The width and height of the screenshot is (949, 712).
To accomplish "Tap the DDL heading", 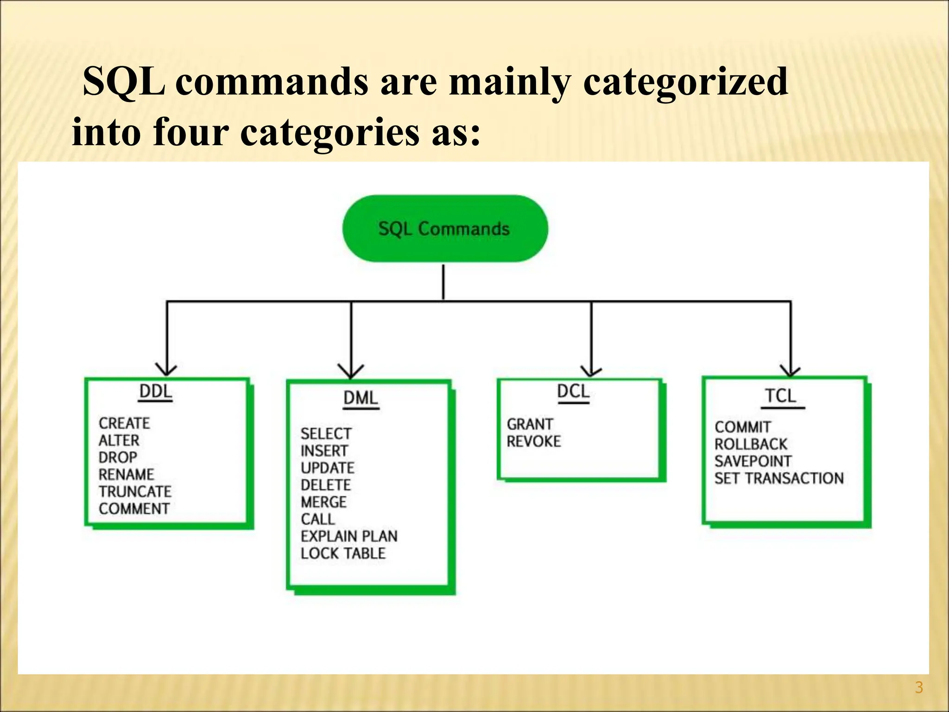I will [x=156, y=392].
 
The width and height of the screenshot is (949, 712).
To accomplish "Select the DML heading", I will [x=361, y=398].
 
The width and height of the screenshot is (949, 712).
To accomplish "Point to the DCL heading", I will [x=573, y=392].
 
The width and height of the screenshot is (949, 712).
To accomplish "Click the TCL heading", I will [x=781, y=396].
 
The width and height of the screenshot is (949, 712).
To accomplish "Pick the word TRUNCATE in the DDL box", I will [x=135, y=491].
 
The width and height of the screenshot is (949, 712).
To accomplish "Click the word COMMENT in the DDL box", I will [x=134, y=509].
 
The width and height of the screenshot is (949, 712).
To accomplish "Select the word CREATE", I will [x=124, y=423].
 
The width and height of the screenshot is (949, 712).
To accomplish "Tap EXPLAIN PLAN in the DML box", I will [x=349, y=536].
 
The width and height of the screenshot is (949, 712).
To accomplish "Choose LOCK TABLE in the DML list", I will [x=343, y=553].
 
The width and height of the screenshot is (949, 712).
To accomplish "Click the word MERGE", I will [x=323, y=502].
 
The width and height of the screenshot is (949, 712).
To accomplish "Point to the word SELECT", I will [x=326, y=434].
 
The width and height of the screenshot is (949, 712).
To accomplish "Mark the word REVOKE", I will [x=533, y=441].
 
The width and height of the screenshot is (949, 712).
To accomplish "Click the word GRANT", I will [x=530, y=424].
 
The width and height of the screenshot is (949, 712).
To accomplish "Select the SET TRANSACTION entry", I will [x=778, y=478].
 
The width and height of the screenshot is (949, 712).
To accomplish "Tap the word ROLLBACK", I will [x=750, y=444].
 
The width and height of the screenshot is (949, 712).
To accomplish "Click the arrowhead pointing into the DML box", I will [x=351, y=372].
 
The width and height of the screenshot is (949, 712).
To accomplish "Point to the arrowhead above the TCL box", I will [x=790, y=370].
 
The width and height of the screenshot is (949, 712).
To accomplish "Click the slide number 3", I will [x=919, y=687].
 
